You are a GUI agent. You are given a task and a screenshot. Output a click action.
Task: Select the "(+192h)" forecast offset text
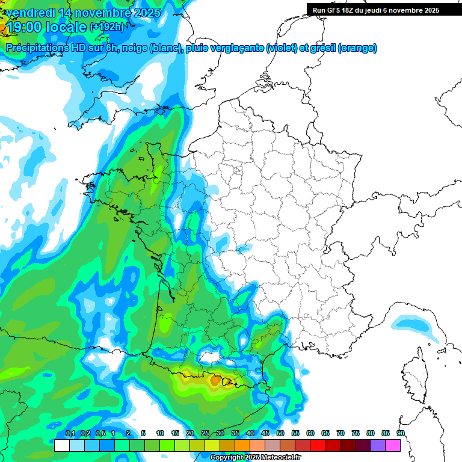pyautogui.click(x=106, y=26)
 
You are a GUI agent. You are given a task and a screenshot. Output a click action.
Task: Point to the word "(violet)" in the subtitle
pyautogui.click(x=282, y=48)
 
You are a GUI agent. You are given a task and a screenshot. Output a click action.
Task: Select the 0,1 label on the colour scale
pyautogui.click(x=70, y=433)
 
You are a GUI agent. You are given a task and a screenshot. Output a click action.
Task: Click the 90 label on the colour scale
pyautogui.click(x=400, y=433)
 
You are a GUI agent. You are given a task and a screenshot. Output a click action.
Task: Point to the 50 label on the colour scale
pyautogui.click(x=280, y=433)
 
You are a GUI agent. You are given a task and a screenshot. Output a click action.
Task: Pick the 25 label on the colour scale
pyautogui.click(x=205, y=433)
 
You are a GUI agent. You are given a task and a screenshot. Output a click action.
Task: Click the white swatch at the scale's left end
pyautogui.click(x=61, y=445)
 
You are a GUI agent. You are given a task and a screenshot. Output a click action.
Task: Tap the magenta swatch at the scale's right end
pyautogui.click(x=393, y=445)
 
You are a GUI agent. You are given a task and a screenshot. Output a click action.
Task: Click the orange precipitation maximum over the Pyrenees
pyautogui.click(x=215, y=380)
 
